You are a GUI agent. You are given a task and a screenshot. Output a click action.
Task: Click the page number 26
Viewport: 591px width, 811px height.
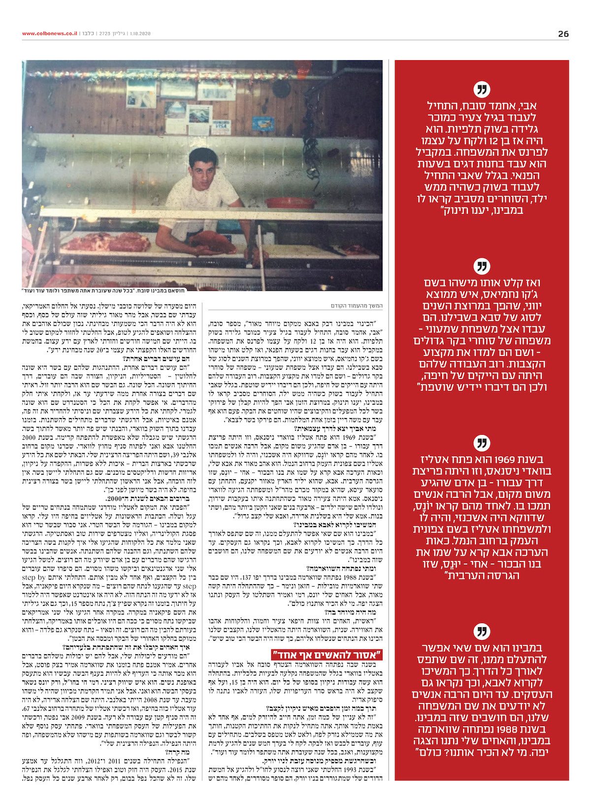pyautogui.click(x=563, y=34)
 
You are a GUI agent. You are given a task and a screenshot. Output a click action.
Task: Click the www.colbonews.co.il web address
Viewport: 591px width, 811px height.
pyautogui.click(x=50, y=34)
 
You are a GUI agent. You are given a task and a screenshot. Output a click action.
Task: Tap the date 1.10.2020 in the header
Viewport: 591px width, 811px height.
pyautogui.click(x=140, y=34)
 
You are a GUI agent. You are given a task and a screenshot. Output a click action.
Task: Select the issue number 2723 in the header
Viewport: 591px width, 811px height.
pyautogui.click(x=105, y=34)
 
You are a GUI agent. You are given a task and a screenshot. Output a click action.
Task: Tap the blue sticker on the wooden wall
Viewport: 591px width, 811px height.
pyautogui.click(x=263, y=124)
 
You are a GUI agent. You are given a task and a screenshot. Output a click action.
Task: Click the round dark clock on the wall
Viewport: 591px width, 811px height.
pyautogui.click(x=281, y=88)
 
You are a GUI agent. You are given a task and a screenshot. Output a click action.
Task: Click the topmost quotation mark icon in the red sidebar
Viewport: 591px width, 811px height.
pyautogui.click(x=482, y=90)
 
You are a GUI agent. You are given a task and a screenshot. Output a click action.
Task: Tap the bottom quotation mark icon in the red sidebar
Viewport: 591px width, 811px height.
pyautogui.click(x=482, y=632)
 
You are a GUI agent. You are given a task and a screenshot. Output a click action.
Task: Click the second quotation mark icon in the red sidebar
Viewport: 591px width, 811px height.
pyautogui.click(x=482, y=267)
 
